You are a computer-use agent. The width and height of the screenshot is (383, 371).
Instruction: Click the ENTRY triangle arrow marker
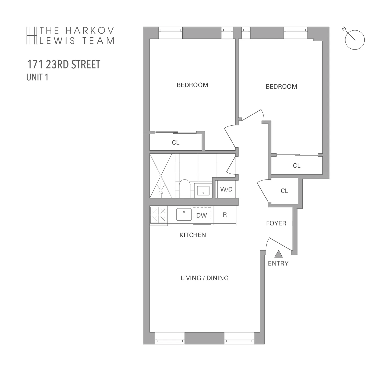point(278,254)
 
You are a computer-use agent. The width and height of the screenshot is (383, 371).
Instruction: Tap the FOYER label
point(276,223)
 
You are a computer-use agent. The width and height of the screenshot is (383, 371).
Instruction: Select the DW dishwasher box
point(202,216)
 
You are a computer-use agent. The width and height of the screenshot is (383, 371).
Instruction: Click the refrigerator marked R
point(225,215)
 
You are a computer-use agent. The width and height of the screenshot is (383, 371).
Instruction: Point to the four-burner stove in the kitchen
point(159,215)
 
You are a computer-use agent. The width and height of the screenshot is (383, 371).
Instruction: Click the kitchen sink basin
point(184,214)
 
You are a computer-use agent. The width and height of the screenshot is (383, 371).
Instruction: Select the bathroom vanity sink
point(203,190)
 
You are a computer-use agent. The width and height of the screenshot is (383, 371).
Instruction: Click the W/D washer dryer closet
point(226,189)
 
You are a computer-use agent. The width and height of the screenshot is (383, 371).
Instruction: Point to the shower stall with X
point(161,176)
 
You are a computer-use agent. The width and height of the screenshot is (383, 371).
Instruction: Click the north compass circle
point(355,40)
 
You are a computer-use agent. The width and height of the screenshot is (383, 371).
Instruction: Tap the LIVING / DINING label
point(205,278)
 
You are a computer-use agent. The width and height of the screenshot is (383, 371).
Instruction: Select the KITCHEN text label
point(193,235)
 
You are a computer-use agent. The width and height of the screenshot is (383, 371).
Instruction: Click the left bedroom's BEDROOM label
point(193,85)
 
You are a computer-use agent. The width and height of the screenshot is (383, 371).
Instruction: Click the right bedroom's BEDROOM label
point(281,87)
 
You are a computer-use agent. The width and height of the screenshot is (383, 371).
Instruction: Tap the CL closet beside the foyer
point(284,191)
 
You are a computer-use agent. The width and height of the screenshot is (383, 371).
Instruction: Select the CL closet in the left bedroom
point(176,142)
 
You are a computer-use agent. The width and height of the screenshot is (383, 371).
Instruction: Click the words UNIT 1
point(37,77)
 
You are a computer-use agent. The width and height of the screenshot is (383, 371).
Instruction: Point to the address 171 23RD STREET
point(64,65)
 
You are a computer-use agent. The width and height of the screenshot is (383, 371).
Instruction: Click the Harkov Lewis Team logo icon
point(32,36)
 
